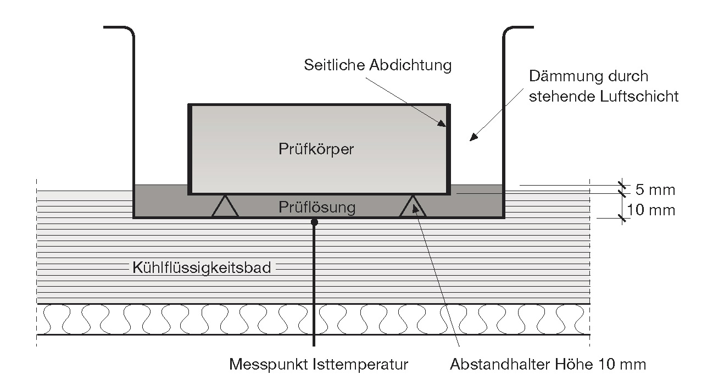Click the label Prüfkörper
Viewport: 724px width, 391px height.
(316, 149)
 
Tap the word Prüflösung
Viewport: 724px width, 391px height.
(317, 208)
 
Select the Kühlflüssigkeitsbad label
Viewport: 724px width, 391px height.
(202, 268)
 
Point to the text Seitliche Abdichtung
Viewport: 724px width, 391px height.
(377, 65)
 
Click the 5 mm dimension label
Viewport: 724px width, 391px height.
(655, 190)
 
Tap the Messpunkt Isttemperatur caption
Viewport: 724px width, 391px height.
(319, 364)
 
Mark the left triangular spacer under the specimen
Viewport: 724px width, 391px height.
(225, 207)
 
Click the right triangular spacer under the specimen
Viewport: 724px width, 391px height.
(413, 207)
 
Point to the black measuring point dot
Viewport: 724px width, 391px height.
(314, 222)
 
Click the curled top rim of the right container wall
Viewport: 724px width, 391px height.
(511, 30)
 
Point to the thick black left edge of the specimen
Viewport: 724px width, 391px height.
(190, 149)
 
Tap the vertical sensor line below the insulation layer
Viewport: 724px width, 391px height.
(314, 341)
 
